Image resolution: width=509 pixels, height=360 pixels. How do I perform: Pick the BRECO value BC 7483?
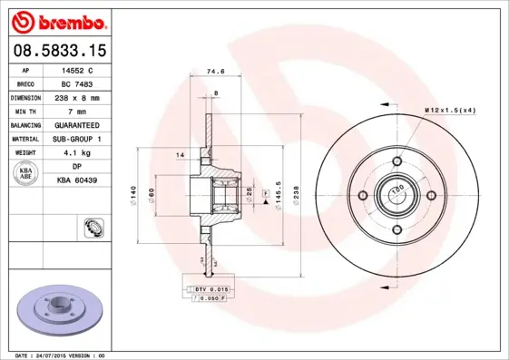pyautogui.click(x=77, y=83)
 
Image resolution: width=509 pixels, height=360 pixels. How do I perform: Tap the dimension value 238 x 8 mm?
pyautogui.click(x=77, y=96)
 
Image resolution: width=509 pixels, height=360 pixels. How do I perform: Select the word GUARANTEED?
pyautogui.click(x=77, y=124)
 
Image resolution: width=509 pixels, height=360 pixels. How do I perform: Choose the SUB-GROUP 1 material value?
pyautogui.click(x=77, y=139)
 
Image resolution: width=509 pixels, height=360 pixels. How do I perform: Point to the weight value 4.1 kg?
pyautogui.click(x=77, y=153)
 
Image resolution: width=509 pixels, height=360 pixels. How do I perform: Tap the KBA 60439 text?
pyautogui.click(x=77, y=181)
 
